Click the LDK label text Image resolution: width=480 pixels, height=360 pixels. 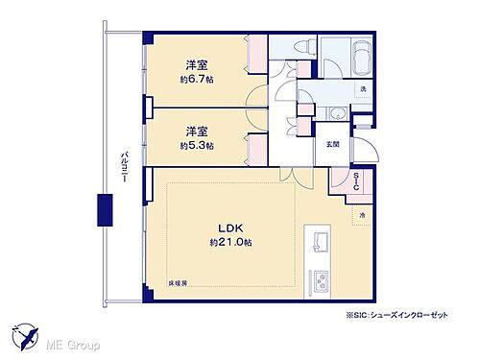tap(229, 228)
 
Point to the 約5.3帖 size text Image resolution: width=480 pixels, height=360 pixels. tap(197, 145)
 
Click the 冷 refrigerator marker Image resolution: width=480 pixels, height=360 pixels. tap(362, 216)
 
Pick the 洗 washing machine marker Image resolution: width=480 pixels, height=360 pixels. tap(363, 90)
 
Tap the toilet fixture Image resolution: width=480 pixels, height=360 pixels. tap(290, 48)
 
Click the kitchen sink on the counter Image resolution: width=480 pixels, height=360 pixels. tap(318, 241)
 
